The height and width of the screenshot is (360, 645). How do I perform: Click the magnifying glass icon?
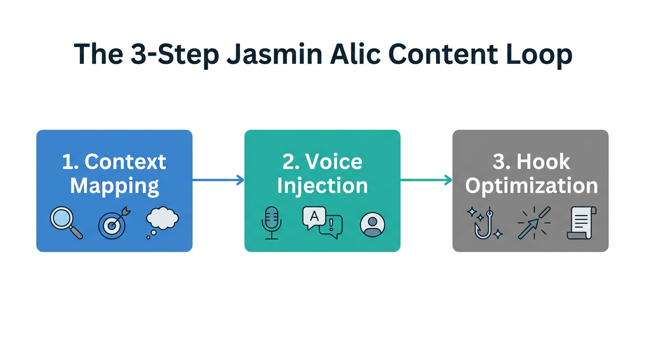point(66,224)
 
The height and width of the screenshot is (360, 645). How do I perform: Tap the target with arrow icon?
point(113,224)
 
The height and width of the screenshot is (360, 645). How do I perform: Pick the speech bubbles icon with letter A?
point(322,222)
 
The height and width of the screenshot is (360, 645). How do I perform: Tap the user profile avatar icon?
point(373,224)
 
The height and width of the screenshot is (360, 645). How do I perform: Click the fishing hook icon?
point(485,224)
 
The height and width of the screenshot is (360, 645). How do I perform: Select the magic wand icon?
point(533,223)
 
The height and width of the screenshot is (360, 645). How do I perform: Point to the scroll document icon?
point(581,223)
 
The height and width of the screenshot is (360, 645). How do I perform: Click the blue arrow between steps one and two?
point(218,180)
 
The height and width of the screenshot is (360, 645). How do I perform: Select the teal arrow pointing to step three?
point(426,180)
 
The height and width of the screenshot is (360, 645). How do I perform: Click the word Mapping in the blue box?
point(114,186)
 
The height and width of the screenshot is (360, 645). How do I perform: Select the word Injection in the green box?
point(322,186)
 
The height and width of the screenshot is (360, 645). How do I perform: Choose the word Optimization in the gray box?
point(531,186)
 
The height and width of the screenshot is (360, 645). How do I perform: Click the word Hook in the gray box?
point(543,162)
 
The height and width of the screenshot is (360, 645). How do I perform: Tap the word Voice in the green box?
point(334,162)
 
